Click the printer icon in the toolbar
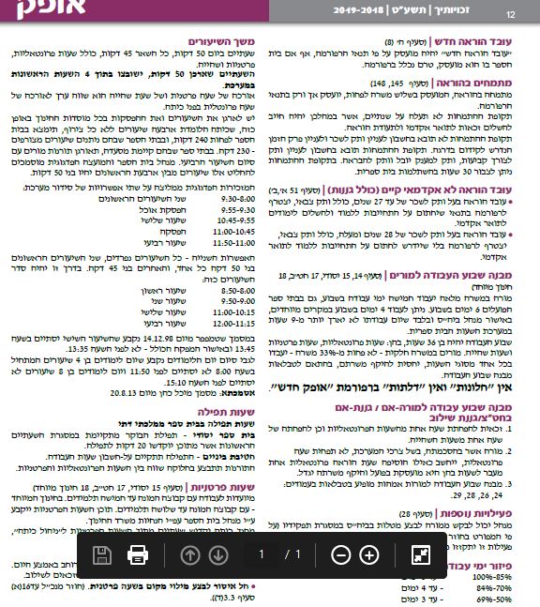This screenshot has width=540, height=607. pos(137,554)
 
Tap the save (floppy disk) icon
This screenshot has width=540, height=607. pos(102,554)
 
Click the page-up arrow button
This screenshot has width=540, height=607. pos(190,554)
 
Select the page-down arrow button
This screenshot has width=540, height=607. pos(218,554)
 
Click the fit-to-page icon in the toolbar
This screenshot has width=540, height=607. pos(420,554)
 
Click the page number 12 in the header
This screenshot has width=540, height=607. pos(511,14)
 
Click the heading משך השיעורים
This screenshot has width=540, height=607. pos(220,42)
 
